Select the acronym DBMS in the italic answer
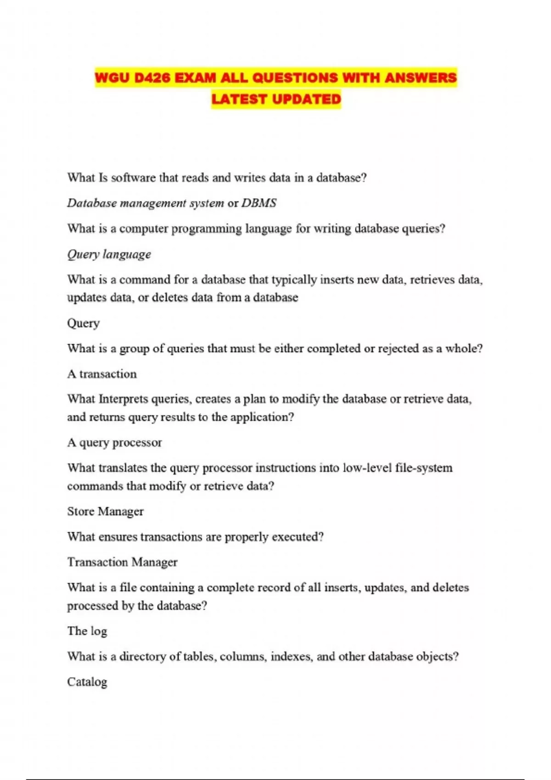(259, 203)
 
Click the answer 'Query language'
(109, 254)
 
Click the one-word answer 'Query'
(83, 323)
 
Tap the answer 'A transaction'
(102, 374)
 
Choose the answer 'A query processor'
(114, 443)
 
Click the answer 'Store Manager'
(105, 512)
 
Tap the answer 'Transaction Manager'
(122, 562)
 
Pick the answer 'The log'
(87, 631)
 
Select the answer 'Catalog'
(87, 682)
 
